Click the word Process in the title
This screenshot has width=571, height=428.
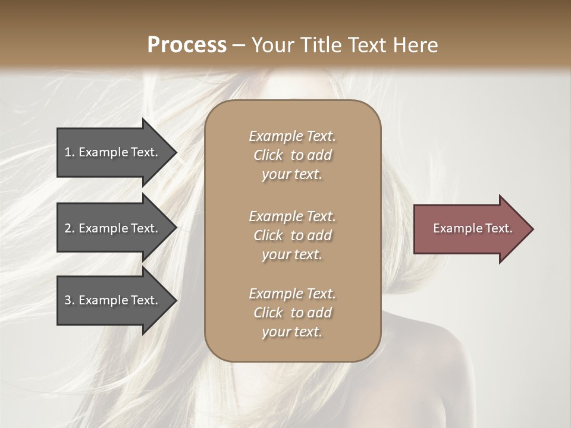pyautogui.click(x=187, y=45)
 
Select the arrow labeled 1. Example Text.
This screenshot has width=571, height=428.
pyautogui.click(x=113, y=152)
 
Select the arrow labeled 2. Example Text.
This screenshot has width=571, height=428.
pyautogui.click(x=113, y=228)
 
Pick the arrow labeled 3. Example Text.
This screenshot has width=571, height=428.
pyautogui.click(x=113, y=300)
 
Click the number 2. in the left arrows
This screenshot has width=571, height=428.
pyautogui.click(x=70, y=228)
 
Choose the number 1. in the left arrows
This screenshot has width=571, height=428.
pyautogui.click(x=70, y=152)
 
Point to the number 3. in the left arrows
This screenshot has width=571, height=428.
pyautogui.click(x=70, y=300)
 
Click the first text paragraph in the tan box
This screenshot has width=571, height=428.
pyautogui.click(x=292, y=155)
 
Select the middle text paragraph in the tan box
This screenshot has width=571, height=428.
pyautogui.click(x=292, y=235)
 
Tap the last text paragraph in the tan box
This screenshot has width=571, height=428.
pyautogui.click(x=292, y=313)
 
